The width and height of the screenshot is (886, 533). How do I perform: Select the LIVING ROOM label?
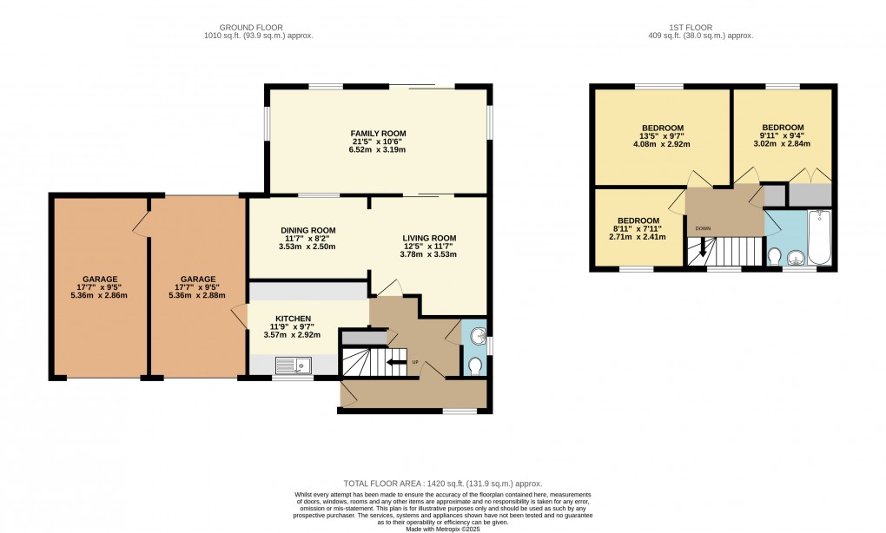click(x=428, y=238)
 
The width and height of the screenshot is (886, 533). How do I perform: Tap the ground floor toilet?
click(x=474, y=368)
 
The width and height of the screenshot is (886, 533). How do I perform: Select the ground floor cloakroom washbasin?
click(x=473, y=335)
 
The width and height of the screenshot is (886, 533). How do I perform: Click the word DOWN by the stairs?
click(x=701, y=230)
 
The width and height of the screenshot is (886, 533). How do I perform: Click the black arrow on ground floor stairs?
click(x=396, y=362)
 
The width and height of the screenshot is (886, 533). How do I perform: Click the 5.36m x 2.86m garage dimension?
click(x=100, y=295)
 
